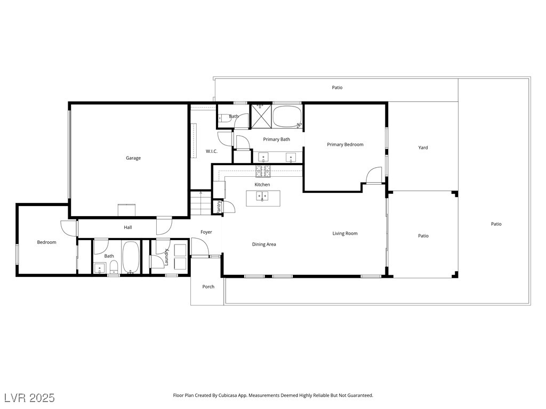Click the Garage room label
(133, 158)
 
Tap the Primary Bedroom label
(345, 144)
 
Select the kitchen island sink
(262, 197)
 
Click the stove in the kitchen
(263, 171)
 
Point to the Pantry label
(219, 207)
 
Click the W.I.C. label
(212, 151)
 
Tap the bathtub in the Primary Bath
(287, 117)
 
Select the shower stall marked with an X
(261, 116)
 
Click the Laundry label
(166, 257)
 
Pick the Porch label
(208, 287)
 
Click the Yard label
(423, 148)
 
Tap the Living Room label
(345, 233)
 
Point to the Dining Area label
(264, 244)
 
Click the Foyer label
(206, 232)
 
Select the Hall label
(128, 227)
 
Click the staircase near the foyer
(200, 203)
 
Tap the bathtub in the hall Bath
(131, 257)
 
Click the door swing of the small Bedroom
(68, 228)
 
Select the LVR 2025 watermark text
(29, 398)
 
